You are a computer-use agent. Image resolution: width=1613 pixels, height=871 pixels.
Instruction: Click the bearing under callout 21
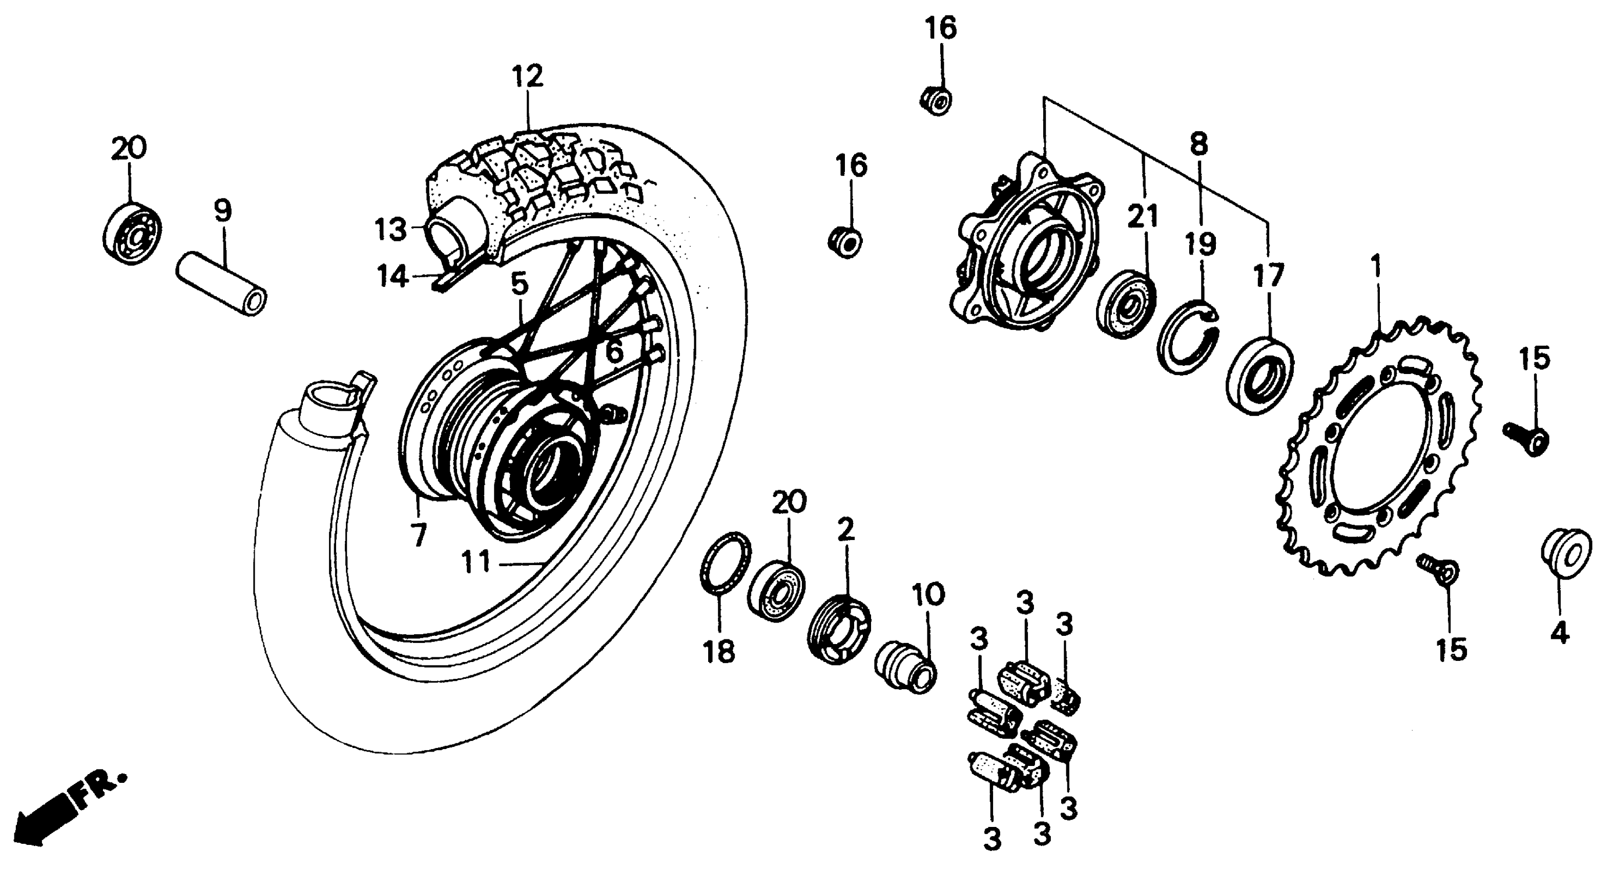coord(1126,304)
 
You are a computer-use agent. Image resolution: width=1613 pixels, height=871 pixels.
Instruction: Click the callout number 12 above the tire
coord(527,76)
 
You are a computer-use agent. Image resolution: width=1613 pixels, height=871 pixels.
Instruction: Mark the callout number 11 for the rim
coord(477,562)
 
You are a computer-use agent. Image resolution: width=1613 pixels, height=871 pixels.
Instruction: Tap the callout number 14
coord(392,276)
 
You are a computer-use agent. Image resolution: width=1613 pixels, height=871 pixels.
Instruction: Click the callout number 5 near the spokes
coord(520,285)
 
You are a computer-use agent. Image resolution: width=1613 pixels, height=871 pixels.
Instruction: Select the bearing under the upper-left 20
coord(132,232)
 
